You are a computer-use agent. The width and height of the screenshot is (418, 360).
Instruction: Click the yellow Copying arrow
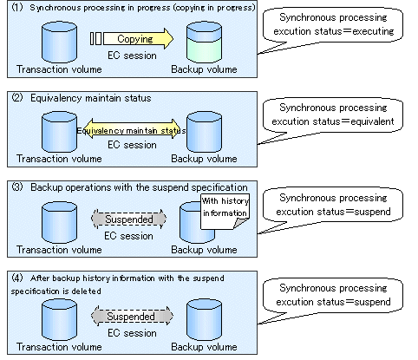[138, 38]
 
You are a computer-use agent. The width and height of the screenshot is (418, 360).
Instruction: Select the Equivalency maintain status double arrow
[132, 129]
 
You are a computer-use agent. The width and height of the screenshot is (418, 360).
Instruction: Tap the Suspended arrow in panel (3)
[129, 219]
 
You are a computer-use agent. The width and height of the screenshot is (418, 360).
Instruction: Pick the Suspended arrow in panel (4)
[132, 316]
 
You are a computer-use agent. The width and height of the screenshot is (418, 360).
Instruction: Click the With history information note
[225, 212]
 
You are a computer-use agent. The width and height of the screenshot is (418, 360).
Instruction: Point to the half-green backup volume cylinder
[204, 43]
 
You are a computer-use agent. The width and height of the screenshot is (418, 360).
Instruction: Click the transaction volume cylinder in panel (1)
[59, 43]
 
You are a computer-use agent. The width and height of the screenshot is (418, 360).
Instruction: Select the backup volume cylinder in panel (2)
[204, 132]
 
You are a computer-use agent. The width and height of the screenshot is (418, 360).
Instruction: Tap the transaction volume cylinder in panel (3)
[59, 222]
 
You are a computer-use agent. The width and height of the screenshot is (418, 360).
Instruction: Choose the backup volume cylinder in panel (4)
[204, 320]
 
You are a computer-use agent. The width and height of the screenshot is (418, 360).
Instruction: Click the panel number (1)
[17, 7]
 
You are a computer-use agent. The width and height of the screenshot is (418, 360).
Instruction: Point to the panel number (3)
[17, 187]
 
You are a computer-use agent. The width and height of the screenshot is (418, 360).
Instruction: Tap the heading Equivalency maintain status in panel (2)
[91, 98]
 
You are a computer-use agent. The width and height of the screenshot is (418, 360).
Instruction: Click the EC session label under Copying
[132, 56]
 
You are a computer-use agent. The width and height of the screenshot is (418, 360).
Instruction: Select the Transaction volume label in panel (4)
[59, 347]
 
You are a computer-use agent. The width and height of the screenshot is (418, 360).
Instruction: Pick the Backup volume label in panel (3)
[204, 250]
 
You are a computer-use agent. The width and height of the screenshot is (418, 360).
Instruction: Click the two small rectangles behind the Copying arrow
[95, 38]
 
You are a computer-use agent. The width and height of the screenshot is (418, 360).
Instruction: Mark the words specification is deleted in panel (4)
[56, 291]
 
